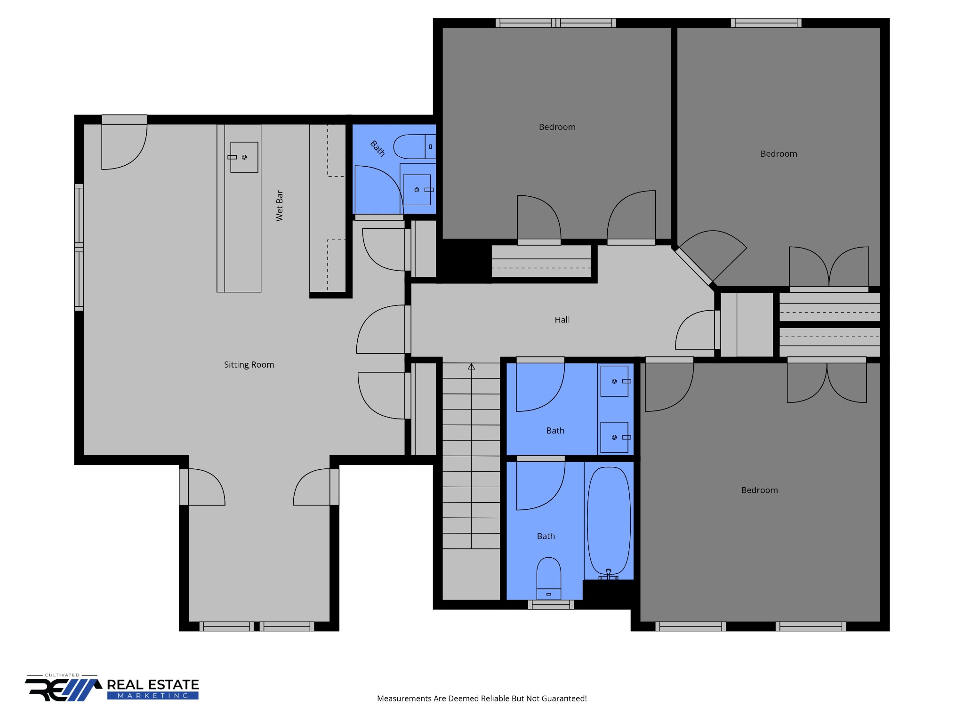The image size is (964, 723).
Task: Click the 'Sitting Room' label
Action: tap(249, 365)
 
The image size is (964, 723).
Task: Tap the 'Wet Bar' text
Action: tap(280, 206)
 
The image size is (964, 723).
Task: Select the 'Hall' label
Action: tap(562, 320)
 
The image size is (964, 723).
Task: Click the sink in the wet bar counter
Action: tap(244, 157)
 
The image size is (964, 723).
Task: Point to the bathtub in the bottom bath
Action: tap(609, 523)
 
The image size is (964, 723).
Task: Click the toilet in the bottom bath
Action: tap(549, 578)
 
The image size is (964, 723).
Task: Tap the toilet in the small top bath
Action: tap(415, 146)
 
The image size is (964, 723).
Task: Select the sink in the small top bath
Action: tap(417, 190)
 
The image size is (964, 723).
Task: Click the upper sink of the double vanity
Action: tap(615, 381)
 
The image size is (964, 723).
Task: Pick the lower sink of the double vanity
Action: tap(615, 437)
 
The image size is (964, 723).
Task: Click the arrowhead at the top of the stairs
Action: tap(471, 367)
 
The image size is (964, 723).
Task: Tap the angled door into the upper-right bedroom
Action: tap(694, 267)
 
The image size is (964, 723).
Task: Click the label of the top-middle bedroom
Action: tap(557, 127)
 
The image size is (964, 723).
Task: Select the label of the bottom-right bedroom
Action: tap(759, 490)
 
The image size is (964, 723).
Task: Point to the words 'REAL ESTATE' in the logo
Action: tap(153, 684)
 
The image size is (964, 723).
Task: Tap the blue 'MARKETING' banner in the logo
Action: tap(153, 696)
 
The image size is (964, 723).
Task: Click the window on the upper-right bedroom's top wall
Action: tap(766, 23)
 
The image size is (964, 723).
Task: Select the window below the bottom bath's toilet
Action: tap(551, 605)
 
